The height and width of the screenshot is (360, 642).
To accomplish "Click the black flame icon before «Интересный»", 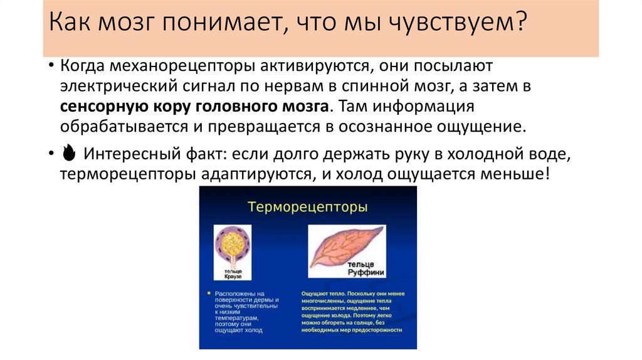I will pyautogui.click(x=69, y=154).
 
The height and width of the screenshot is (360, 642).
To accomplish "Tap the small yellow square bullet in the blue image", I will pyautogui.click(x=210, y=294).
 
